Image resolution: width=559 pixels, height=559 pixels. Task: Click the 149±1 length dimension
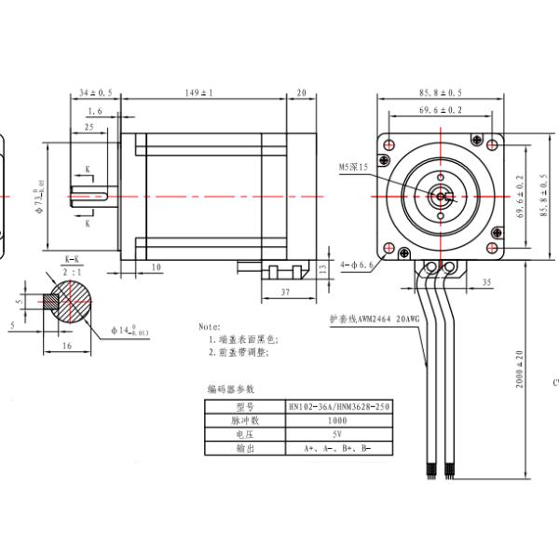tap(200, 93)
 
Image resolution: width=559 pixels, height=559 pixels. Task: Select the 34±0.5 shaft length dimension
tap(95, 93)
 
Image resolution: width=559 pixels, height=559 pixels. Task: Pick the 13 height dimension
tap(322, 268)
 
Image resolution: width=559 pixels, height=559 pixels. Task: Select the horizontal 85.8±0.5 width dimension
tap(441, 93)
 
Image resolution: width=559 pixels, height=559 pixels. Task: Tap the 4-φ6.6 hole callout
tap(357, 265)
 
